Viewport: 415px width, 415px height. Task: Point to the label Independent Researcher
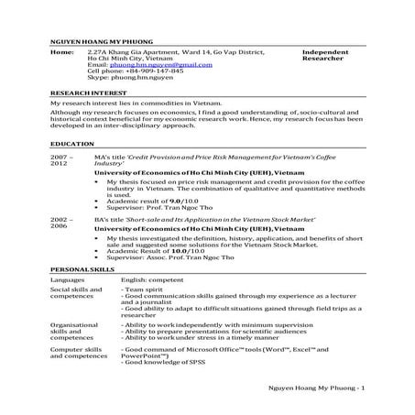tap(327, 58)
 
